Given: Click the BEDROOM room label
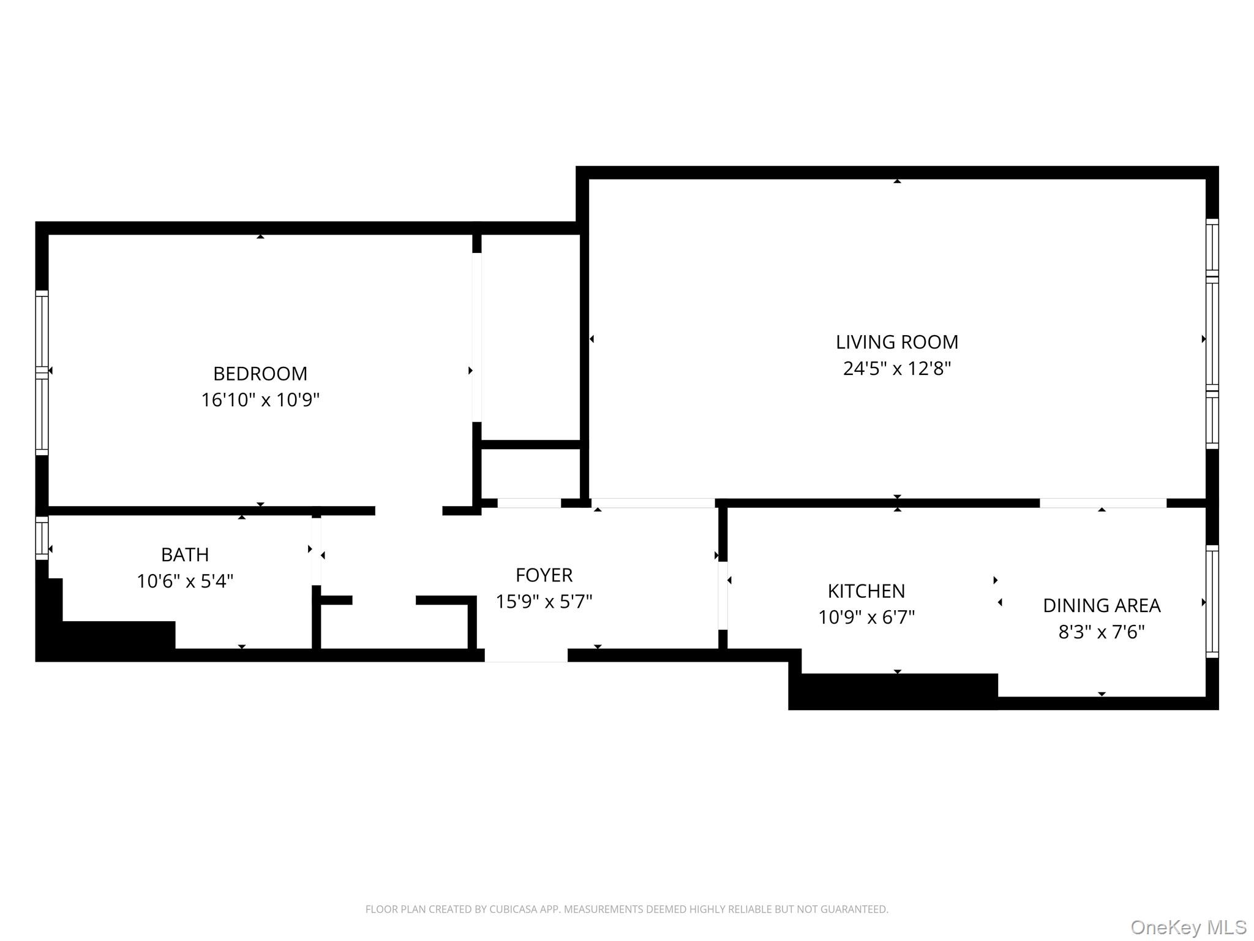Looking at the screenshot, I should click(260, 373).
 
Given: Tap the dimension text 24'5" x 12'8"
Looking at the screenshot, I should click(896, 369).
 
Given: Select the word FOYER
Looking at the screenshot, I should click(544, 575).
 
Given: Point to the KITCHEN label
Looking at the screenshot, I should click(866, 591).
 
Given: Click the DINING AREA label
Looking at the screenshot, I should click(1101, 605).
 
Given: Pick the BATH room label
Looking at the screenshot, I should click(185, 554).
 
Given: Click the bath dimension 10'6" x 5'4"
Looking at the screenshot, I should click(185, 581).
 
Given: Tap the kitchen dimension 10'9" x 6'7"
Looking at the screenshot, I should click(866, 617).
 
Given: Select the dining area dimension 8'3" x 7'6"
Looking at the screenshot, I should click(1101, 632).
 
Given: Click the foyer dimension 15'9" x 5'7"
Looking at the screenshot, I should click(544, 602).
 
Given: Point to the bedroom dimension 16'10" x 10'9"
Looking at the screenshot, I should click(260, 400).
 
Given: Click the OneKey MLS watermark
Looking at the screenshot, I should click(1188, 928).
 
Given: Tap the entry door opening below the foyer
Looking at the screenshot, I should click(526, 656).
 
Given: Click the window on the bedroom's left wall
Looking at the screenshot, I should click(42, 372).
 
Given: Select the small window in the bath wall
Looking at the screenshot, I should click(42, 538).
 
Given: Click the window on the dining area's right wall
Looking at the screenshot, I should click(1212, 602).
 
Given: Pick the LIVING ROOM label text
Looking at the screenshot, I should click(896, 342).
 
